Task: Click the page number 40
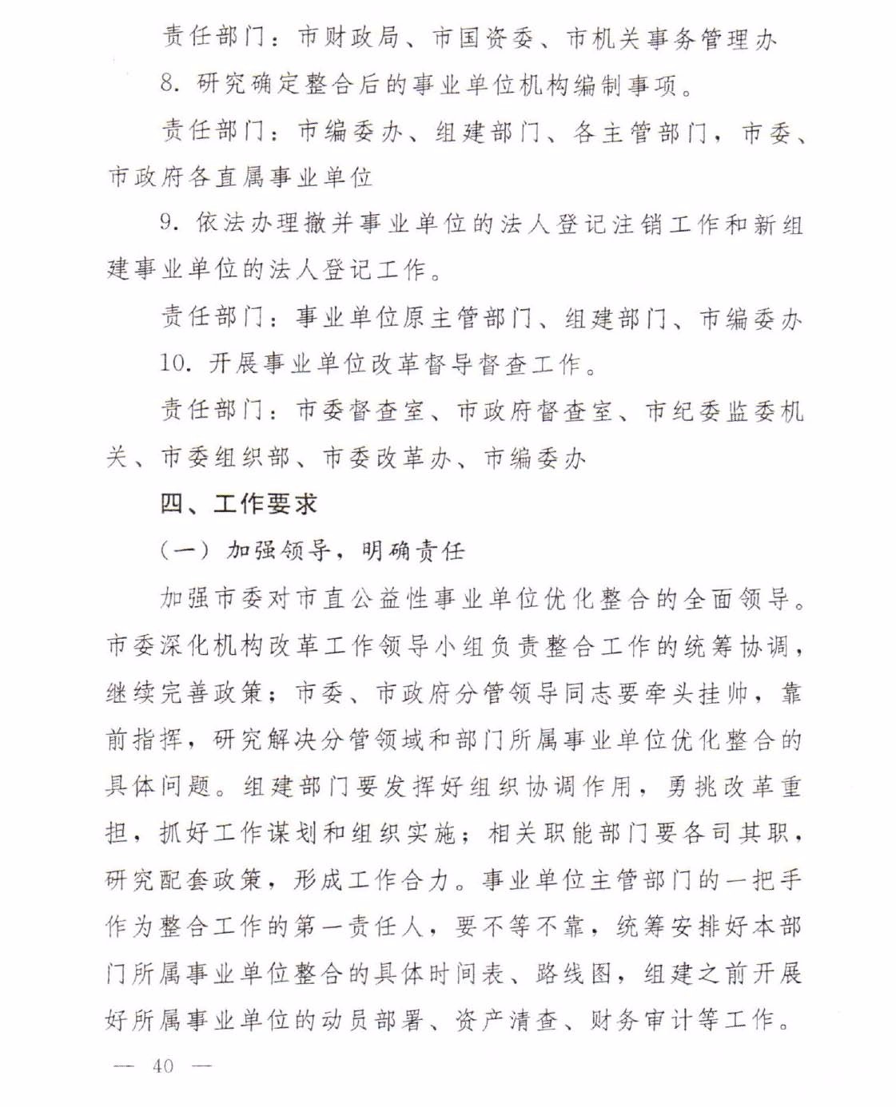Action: point(163,1065)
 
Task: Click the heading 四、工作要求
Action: point(238,503)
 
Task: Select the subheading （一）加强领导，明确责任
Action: point(312,550)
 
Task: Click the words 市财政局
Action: point(347,37)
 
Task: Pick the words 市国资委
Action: point(482,37)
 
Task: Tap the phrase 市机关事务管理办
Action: point(671,37)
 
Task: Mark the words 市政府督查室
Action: point(535,411)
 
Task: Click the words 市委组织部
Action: point(225,457)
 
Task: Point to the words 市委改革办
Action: point(387,457)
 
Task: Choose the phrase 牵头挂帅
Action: point(695,692)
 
